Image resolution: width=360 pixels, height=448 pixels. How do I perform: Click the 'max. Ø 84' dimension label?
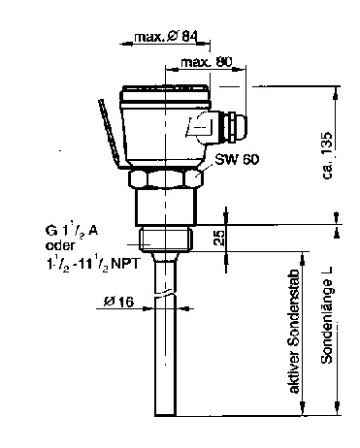point(166,37)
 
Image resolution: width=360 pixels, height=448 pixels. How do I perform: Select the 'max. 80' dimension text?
point(207,62)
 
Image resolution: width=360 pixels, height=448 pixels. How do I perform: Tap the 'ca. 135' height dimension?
point(327,155)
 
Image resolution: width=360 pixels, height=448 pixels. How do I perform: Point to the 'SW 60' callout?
point(237,159)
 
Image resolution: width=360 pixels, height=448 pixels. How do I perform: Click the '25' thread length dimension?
point(219,238)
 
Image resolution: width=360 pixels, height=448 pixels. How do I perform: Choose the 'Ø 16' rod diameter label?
point(118,302)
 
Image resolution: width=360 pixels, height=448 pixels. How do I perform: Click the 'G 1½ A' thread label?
point(72,231)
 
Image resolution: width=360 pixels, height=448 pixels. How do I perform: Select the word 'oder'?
point(60,245)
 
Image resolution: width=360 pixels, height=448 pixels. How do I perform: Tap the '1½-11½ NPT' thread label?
point(92,264)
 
